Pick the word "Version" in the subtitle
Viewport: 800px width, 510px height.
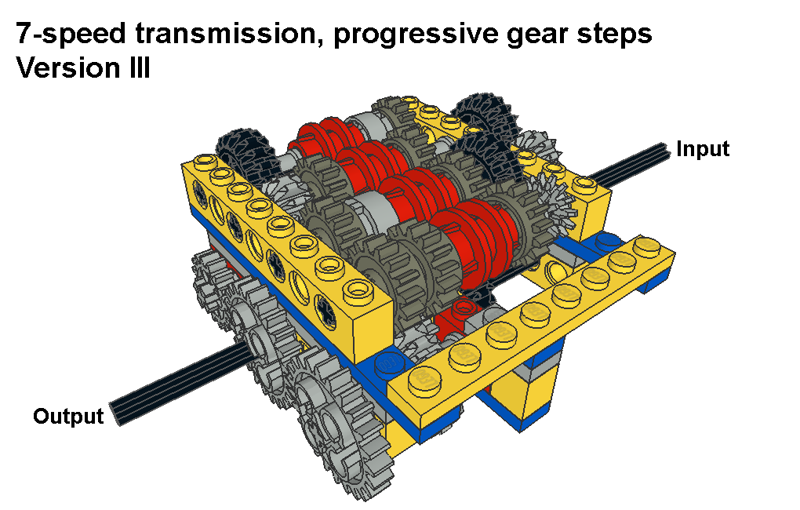[x=65, y=68]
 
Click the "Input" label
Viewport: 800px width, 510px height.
[x=703, y=149]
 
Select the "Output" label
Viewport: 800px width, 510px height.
[x=68, y=416]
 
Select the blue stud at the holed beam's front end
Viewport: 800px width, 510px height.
[x=390, y=363]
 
